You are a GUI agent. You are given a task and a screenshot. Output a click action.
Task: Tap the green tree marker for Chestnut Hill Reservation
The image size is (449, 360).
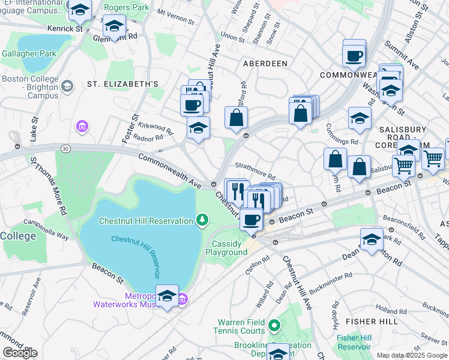click(203, 220)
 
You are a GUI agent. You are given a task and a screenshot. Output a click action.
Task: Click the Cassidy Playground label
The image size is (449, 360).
click(229, 248)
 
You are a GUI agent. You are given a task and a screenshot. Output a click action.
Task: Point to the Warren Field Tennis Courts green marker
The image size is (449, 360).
click(275, 326)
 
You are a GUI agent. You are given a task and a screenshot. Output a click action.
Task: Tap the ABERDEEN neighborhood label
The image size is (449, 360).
click(265, 63)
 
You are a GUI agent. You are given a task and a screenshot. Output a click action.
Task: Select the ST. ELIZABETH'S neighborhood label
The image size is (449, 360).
click(122, 83)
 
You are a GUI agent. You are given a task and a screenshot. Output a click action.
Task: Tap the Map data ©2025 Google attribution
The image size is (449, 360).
click(411, 355)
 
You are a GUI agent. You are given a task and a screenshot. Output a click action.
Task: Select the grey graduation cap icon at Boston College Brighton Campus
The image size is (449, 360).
click(67, 86)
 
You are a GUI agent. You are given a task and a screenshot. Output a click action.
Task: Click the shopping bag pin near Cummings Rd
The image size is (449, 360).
click(336, 159)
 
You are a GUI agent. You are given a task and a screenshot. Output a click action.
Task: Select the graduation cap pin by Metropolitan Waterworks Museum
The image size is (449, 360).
click(167, 295)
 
